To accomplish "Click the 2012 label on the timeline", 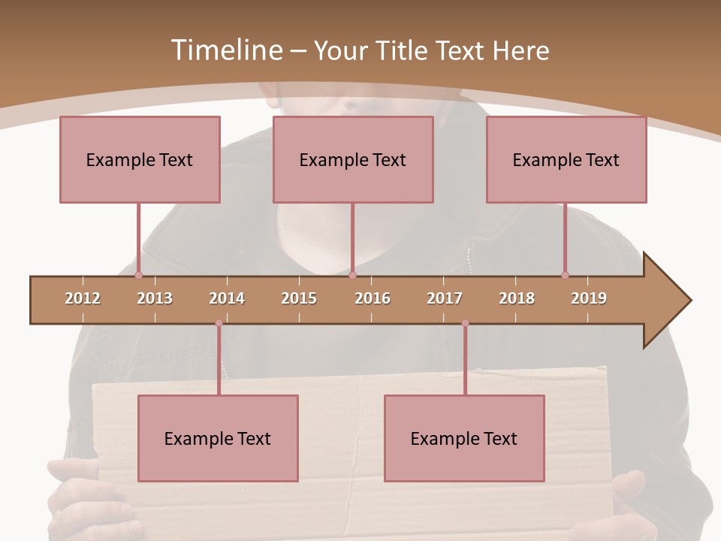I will click(83, 298).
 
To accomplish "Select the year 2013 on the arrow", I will click(155, 298).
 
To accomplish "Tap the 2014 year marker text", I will click(227, 298).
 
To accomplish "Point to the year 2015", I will click(299, 298).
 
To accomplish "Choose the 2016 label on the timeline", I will click(373, 298).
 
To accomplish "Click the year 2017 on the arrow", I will click(445, 298).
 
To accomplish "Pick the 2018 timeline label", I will click(517, 298).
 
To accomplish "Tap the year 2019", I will click(589, 298).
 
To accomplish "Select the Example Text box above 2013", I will click(140, 159).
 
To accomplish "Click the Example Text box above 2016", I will click(353, 159).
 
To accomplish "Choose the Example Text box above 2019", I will click(566, 159).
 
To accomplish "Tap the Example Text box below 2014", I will click(218, 438).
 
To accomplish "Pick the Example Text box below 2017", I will click(464, 438).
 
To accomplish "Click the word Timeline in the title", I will click(226, 50).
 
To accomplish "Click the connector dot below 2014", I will click(219, 323).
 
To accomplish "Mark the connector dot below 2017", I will click(465, 323).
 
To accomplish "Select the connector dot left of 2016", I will click(352, 275).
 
